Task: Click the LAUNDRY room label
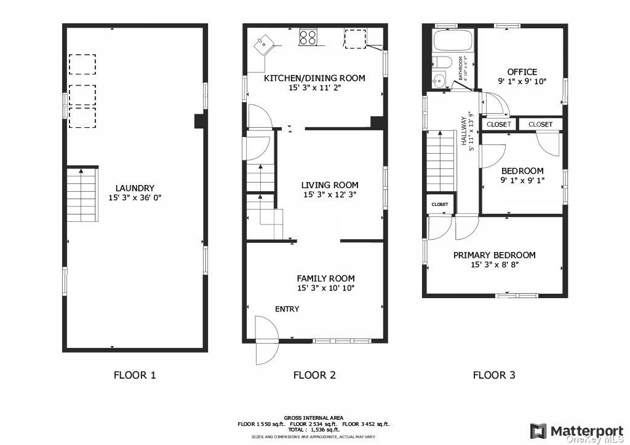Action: (135, 188)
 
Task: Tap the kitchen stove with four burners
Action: (308, 37)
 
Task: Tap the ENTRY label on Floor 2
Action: (287, 309)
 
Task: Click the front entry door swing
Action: (267, 341)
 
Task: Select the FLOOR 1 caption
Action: (135, 375)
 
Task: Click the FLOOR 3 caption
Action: (494, 375)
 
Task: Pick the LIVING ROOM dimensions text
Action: (330, 195)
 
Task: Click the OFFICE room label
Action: (522, 72)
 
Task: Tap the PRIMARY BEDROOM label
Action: (494, 255)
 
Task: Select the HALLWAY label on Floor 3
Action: (464, 131)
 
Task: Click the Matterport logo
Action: (577, 431)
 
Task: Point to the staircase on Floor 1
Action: (82, 195)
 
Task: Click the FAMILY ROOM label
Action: (326, 278)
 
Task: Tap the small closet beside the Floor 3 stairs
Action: (440, 204)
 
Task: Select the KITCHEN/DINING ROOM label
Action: (314, 78)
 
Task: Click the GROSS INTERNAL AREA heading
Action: (313, 418)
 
